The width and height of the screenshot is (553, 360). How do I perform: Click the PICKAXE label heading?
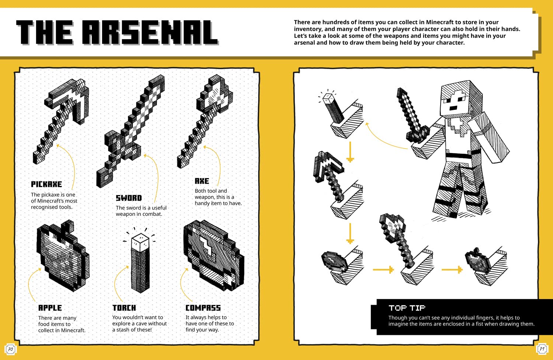46,184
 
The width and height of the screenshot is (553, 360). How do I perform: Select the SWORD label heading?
129,198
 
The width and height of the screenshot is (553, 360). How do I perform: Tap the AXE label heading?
202,181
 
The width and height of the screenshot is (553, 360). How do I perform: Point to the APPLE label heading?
50,308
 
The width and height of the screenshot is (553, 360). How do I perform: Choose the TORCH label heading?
124,308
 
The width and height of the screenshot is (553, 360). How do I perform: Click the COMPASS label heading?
203,308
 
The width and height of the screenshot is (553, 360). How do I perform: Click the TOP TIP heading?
407,308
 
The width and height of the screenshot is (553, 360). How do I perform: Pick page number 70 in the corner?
10,349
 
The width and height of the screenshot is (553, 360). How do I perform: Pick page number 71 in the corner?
542,349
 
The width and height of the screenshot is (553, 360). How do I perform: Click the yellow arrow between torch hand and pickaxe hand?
350,152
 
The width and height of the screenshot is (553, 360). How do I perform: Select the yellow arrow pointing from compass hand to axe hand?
383,270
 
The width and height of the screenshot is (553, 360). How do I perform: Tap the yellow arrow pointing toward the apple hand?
452,270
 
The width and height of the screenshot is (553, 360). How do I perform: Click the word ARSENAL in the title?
150,33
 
